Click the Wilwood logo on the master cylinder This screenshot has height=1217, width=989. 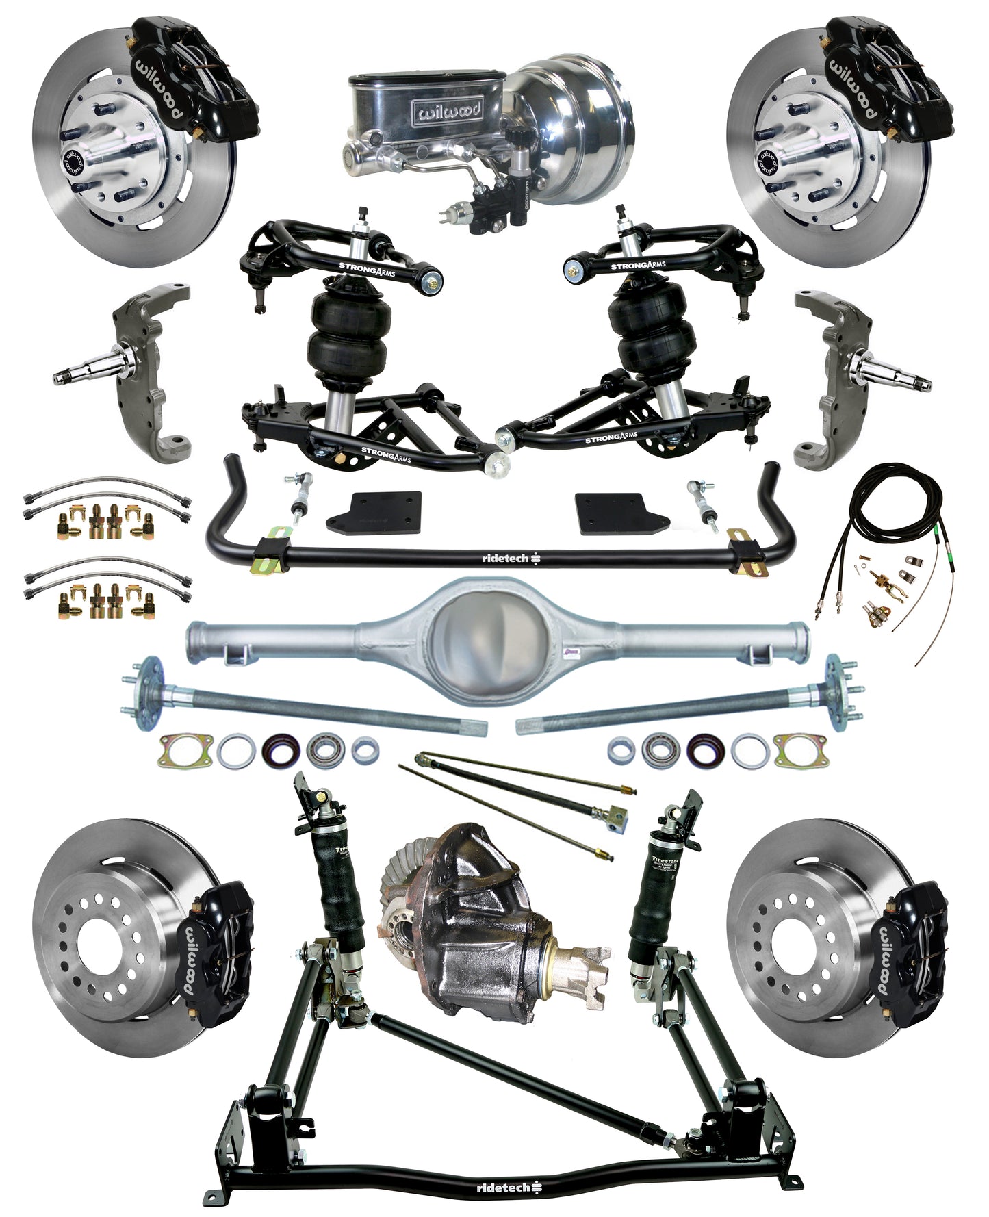(446, 110)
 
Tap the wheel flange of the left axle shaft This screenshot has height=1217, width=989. (148, 691)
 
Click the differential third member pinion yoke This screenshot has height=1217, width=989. (582, 965)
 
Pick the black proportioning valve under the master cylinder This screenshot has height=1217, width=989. (503, 198)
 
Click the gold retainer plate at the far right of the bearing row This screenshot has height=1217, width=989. (801, 751)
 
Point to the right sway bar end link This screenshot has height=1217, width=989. (702, 503)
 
